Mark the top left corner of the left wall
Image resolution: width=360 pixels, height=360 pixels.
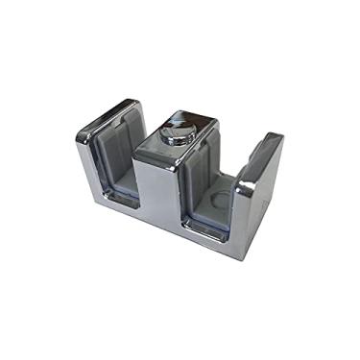[78, 139]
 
